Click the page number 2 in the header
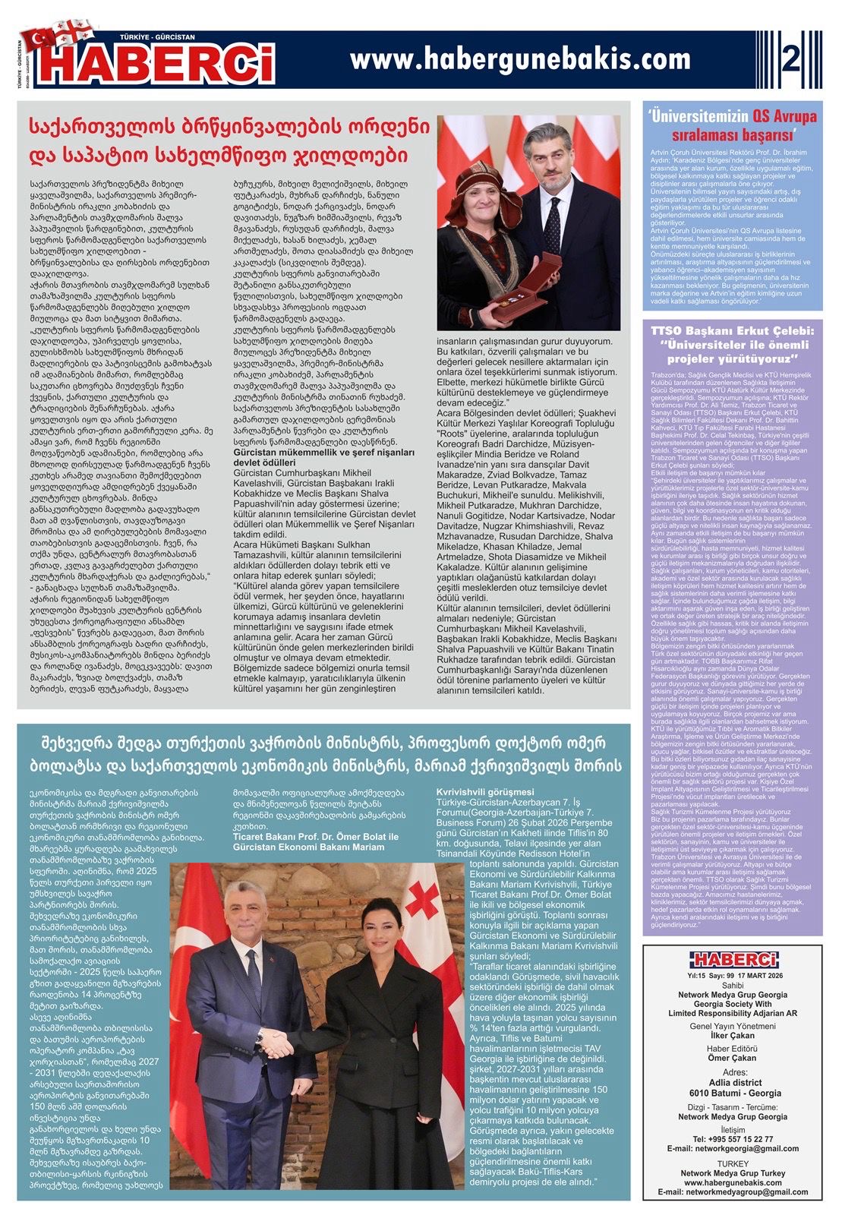click(x=791, y=59)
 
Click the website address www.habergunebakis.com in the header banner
click(x=520, y=58)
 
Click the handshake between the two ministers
click(x=277, y=1044)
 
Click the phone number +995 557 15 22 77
click(x=733, y=1138)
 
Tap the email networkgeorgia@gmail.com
click(x=733, y=1148)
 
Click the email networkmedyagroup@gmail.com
click(x=733, y=1192)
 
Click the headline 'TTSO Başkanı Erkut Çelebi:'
click(x=733, y=331)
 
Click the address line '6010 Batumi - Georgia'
click(x=733, y=1093)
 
